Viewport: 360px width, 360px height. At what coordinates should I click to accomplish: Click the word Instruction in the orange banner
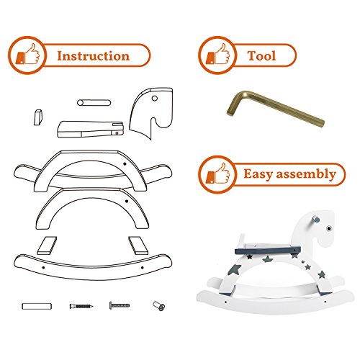pos(93,56)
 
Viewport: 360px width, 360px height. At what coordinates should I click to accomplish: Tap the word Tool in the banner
pos(261,55)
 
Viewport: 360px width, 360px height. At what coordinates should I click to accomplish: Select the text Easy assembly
pos(289,174)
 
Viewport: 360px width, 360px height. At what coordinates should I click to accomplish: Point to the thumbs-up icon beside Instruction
pos(27,55)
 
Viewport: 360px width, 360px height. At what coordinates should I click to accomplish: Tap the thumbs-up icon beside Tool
pos(217,55)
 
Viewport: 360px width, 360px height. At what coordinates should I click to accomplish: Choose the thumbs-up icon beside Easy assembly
pos(217,174)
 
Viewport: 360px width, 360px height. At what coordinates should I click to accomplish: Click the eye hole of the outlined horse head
pos(155,98)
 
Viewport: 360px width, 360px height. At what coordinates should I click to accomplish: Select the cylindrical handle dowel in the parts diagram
pos(94,103)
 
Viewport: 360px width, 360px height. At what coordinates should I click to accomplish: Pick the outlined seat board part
pos(91,129)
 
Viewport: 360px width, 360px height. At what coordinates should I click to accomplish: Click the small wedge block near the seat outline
pos(38,117)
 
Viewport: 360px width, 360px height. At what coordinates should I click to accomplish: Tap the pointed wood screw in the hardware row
pos(81,306)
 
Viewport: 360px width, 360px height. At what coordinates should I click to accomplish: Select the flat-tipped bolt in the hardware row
pos(120,305)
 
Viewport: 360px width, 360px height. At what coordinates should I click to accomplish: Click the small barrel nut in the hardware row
pos(159,306)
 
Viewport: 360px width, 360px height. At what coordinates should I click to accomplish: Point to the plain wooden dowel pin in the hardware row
pos(37,306)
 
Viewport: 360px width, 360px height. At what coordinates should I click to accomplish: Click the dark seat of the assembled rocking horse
pos(268,251)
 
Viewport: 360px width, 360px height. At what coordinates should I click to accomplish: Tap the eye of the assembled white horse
pos(328,228)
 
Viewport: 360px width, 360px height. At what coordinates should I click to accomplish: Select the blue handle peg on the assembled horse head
pos(316,220)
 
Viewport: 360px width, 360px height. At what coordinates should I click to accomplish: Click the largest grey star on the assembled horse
pos(233,270)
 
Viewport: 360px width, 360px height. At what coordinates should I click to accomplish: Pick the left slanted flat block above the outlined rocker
pos(47,246)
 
